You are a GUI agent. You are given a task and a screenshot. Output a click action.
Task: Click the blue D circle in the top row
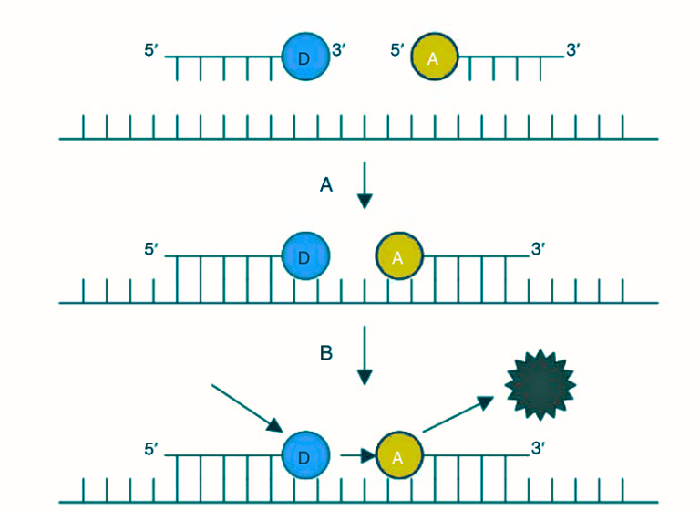pos(305,57)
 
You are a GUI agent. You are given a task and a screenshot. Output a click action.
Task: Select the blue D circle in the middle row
pos(305,257)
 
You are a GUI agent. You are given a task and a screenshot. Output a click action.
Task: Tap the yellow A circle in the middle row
pos(398,257)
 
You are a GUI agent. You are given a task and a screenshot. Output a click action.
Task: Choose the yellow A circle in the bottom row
pos(398,455)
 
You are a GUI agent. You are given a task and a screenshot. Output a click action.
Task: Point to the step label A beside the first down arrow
pos(326,185)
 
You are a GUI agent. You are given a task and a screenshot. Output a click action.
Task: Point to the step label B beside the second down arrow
pos(326,353)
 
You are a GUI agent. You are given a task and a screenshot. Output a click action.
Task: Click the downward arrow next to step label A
pos(365,185)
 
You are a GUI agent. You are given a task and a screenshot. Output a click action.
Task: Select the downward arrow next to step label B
pos(365,354)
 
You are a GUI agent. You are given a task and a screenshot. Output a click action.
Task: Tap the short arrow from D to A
pos(357,454)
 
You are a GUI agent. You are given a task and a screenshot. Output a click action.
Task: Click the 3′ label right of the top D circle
pos(339,50)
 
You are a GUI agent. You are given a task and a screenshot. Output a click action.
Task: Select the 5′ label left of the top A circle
pos(398,50)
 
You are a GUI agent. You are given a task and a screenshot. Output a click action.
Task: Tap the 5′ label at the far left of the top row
pos(152,50)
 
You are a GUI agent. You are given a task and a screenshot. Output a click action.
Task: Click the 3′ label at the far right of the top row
pos(573,50)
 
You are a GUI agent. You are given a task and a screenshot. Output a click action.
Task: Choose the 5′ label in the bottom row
pos(152,449)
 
